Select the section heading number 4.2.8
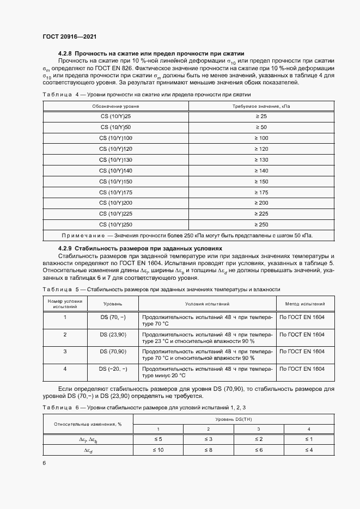tap(65, 53)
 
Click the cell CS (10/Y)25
tap(115, 116)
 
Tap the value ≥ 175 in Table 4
tap(262, 192)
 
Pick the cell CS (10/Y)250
tap(115, 224)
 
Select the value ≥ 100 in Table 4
tap(262, 138)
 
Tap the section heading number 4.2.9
tap(65, 248)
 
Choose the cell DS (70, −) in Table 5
tap(113, 316)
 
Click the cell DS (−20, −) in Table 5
tap(113, 369)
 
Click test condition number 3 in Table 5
tap(65, 351)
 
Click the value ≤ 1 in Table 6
tap(308, 439)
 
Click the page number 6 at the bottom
tap(44, 463)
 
